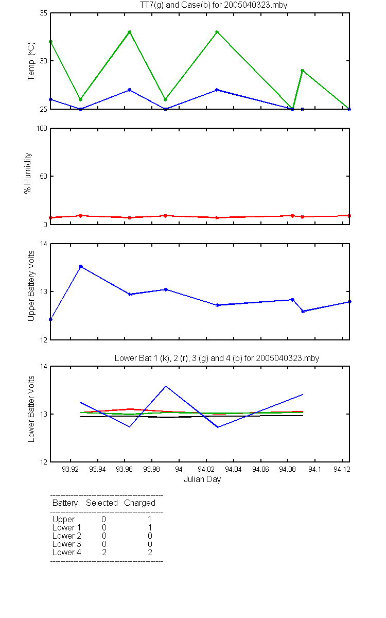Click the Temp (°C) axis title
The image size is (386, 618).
pos(31,61)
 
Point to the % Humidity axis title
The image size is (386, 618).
pos(28,173)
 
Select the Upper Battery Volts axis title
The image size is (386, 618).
pos(31,286)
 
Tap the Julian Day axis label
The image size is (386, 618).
pos(202,479)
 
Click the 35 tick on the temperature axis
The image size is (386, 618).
pos(44,13)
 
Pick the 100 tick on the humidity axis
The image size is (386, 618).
pos(42,128)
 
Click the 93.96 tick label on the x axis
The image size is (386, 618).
pos(125,469)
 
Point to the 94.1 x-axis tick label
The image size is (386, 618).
pos(314,469)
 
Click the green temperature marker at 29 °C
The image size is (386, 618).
pos(302,71)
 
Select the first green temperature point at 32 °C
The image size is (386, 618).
pos(51,42)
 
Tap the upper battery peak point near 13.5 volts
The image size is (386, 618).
pos(81,267)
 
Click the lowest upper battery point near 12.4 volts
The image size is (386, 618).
pos(51,319)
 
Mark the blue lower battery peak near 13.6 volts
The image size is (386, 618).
pos(165,386)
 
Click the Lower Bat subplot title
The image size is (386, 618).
pos(217,358)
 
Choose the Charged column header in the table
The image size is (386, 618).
pos(139,503)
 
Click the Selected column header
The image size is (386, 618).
pos(102,503)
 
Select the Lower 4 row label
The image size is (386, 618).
pos(67,552)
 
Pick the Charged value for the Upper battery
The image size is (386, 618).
pos(150,519)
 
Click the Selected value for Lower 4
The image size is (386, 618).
pos(104,552)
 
